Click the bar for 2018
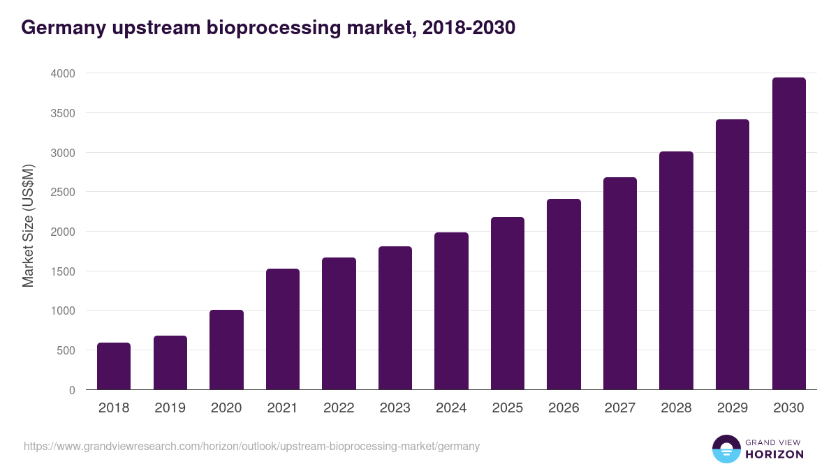(x=114, y=366)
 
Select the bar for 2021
(x=283, y=329)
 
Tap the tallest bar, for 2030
(x=788, y=234)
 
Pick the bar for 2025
(x=508, y=304)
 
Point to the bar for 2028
(x=676, y=271)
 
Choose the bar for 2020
(x=226, y=350)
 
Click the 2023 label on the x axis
(x=395, y=408)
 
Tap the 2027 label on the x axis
(x=620, y=408)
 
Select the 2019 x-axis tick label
(x=170, y=408)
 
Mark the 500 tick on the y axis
(x=66, y=350)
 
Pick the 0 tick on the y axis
(x=73, y=390)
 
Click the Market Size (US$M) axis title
(x=28, y=225)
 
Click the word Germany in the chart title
(x=60, y=27)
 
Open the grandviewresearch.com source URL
(x=252, y=446)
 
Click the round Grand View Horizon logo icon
(x=726, y=449)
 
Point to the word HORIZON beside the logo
(x=774, y=454)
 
